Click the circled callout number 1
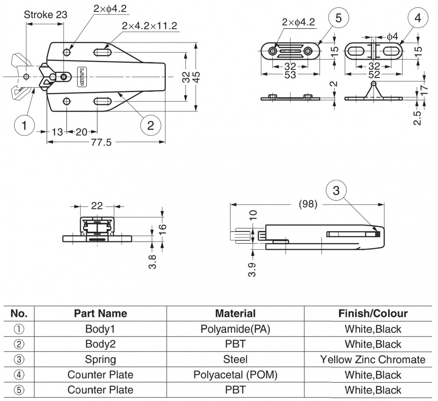click(x=25, y=125)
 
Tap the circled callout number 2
click(x=151, y=125)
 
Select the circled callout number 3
click(x=336, y=191)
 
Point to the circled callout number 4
click(x=417, y=19)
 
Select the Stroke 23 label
click(x=46, y=14)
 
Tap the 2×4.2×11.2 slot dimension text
click(x=150, y=26)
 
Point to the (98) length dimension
click(x=307, y=204)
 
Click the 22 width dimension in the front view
click(x=97, y=206)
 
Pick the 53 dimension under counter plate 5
click(x=289, y=75)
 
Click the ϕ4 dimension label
click(x=393, y=37)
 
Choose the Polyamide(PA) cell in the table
click(x=235, y=329)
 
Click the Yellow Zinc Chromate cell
click(x=373, y=359)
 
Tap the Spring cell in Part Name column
click(x=100, y=359)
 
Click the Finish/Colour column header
click(x=373, y=313)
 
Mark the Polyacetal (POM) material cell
click(x=235, y=375)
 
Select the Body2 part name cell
click(x=100, y=344)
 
